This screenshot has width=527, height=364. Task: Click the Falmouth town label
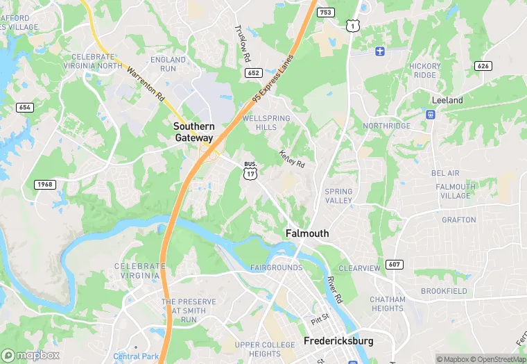tap(307, 233)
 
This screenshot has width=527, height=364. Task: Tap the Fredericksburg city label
tap(338, 341)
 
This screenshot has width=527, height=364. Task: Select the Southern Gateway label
tap(193, 132)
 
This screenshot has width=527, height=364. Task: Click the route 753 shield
tap(326, 12)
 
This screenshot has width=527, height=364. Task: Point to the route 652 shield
tap(253, 72)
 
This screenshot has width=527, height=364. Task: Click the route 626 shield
tap(484, 65)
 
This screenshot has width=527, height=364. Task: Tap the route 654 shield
tap(25, 107)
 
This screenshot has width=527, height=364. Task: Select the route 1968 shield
tap(44, 184)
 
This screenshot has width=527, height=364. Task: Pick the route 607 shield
tap(395, 264)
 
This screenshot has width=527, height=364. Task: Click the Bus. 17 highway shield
tap(250, 171)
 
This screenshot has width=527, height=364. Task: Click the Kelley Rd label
tap(292, 159)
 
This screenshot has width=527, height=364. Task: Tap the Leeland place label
tap(447, 100)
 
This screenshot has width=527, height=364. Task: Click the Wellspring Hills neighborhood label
tap(266, 123)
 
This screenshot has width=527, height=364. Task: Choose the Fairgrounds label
tap(276, 267)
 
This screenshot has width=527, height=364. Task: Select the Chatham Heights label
tap(388, 304)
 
